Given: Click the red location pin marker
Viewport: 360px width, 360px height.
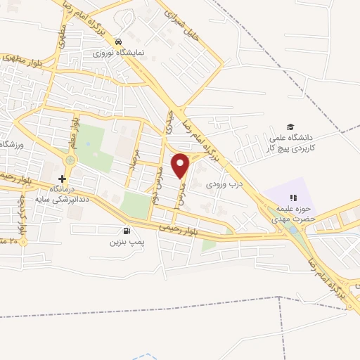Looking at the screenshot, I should (x=181, y=165).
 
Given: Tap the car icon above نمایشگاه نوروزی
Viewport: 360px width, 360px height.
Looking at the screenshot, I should (x=120, y=41).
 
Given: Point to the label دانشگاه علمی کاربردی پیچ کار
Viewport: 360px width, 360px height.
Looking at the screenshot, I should (x=292, y=143).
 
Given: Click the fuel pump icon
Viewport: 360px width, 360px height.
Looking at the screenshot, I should (x=127, y=231).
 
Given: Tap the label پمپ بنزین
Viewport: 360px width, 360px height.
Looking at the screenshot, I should (x=126, y=242).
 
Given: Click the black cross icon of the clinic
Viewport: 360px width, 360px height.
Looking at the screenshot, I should (x=62, y=179).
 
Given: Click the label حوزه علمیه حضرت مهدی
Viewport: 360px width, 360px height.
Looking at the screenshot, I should (x=294, y=213).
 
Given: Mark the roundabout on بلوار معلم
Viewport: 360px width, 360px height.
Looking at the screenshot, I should (x=69, y=160).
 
